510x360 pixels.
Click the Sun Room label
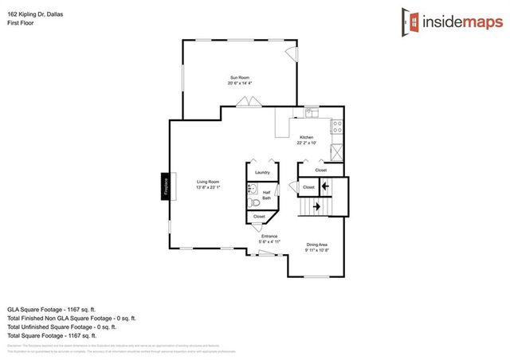click(239, 77)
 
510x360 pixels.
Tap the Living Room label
click(208, 182)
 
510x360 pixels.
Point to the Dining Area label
click(317, 245)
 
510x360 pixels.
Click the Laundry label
click(261, 172)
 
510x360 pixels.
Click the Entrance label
click(269, 237)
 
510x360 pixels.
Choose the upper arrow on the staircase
click(324, 187)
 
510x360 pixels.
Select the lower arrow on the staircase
click(317, 207)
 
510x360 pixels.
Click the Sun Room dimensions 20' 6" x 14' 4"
click(239, 84)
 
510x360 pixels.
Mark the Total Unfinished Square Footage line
click(61, 327)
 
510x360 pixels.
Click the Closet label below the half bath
click(259, 216)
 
